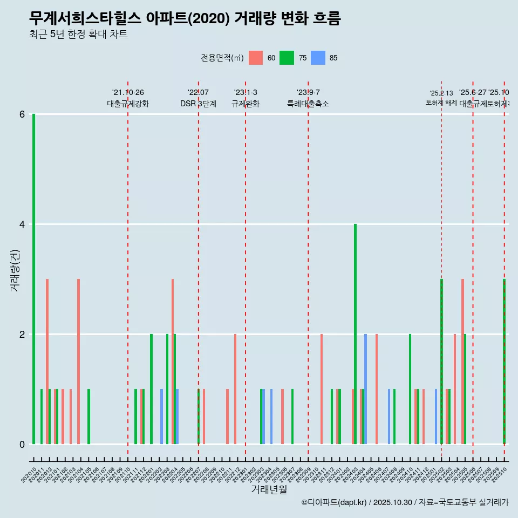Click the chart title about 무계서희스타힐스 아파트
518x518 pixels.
[x=185, y=19]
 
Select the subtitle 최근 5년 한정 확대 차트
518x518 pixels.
[x=78, y=35]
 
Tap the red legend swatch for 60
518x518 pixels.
[x=255, y=58]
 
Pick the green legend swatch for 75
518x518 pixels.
[x=287, y=58]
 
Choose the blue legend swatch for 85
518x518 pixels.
[x=318, y=58]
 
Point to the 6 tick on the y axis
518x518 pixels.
[x=22, y=114]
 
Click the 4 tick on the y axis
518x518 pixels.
[x=22, y=224]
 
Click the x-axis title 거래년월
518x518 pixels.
[x=269, y=489]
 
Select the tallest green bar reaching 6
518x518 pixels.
[x=33, y=279]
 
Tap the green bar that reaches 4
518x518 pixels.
[x=355, y=334]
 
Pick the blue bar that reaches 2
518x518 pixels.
[x=365, y=389]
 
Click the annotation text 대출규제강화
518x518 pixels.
[x=128, y=104]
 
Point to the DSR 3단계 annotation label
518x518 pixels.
[x=198, y=104]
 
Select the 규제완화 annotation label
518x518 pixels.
[x=246, y=104]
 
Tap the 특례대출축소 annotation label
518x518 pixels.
[x=308, y=104]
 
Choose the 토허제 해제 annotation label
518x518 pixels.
[x=441, y=102]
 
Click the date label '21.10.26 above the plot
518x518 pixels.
[x=128, y=92]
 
